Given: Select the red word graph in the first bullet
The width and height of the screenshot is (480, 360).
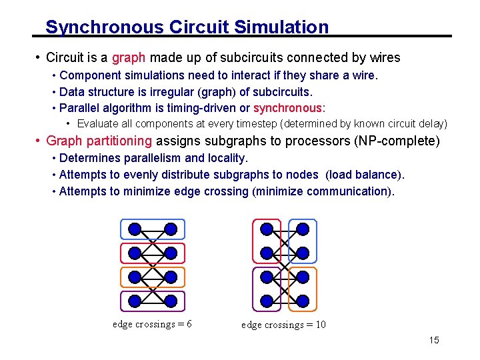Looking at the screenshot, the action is [127, 57].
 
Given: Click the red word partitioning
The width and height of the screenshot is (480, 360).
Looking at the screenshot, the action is [119, 141].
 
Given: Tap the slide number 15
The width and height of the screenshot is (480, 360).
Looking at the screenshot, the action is [434, 341].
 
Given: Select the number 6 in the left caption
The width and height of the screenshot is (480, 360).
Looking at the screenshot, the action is [189, 324].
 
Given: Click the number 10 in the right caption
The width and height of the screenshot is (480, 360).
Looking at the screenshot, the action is [320, 325].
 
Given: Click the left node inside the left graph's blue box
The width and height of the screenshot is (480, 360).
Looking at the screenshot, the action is [135, 229].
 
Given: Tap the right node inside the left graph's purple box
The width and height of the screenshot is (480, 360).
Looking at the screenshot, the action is [171, 301].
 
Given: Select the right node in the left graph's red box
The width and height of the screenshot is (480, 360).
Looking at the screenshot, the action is [171, 253].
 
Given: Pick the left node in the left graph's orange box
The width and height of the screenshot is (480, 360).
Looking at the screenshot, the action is [135, 277].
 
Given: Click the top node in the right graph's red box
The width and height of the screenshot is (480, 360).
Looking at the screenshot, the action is [267, 229].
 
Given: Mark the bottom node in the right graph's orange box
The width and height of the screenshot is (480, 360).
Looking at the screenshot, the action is [303, 301].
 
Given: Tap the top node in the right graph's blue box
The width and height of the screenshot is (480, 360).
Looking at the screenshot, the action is [303, 229].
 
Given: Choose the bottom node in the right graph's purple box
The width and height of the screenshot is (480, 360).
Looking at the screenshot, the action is [267, 301].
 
